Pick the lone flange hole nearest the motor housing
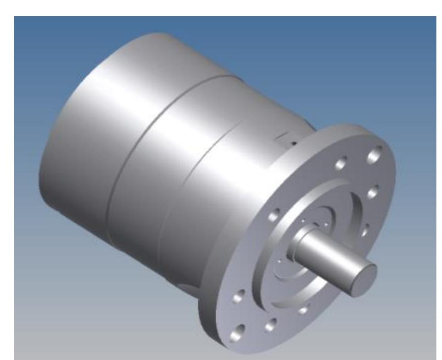click(275, 214)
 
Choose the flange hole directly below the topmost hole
click(373, 191)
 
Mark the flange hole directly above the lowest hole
click(238, 297)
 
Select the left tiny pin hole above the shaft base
click(303, 221)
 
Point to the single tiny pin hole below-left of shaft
click(280, 261)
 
